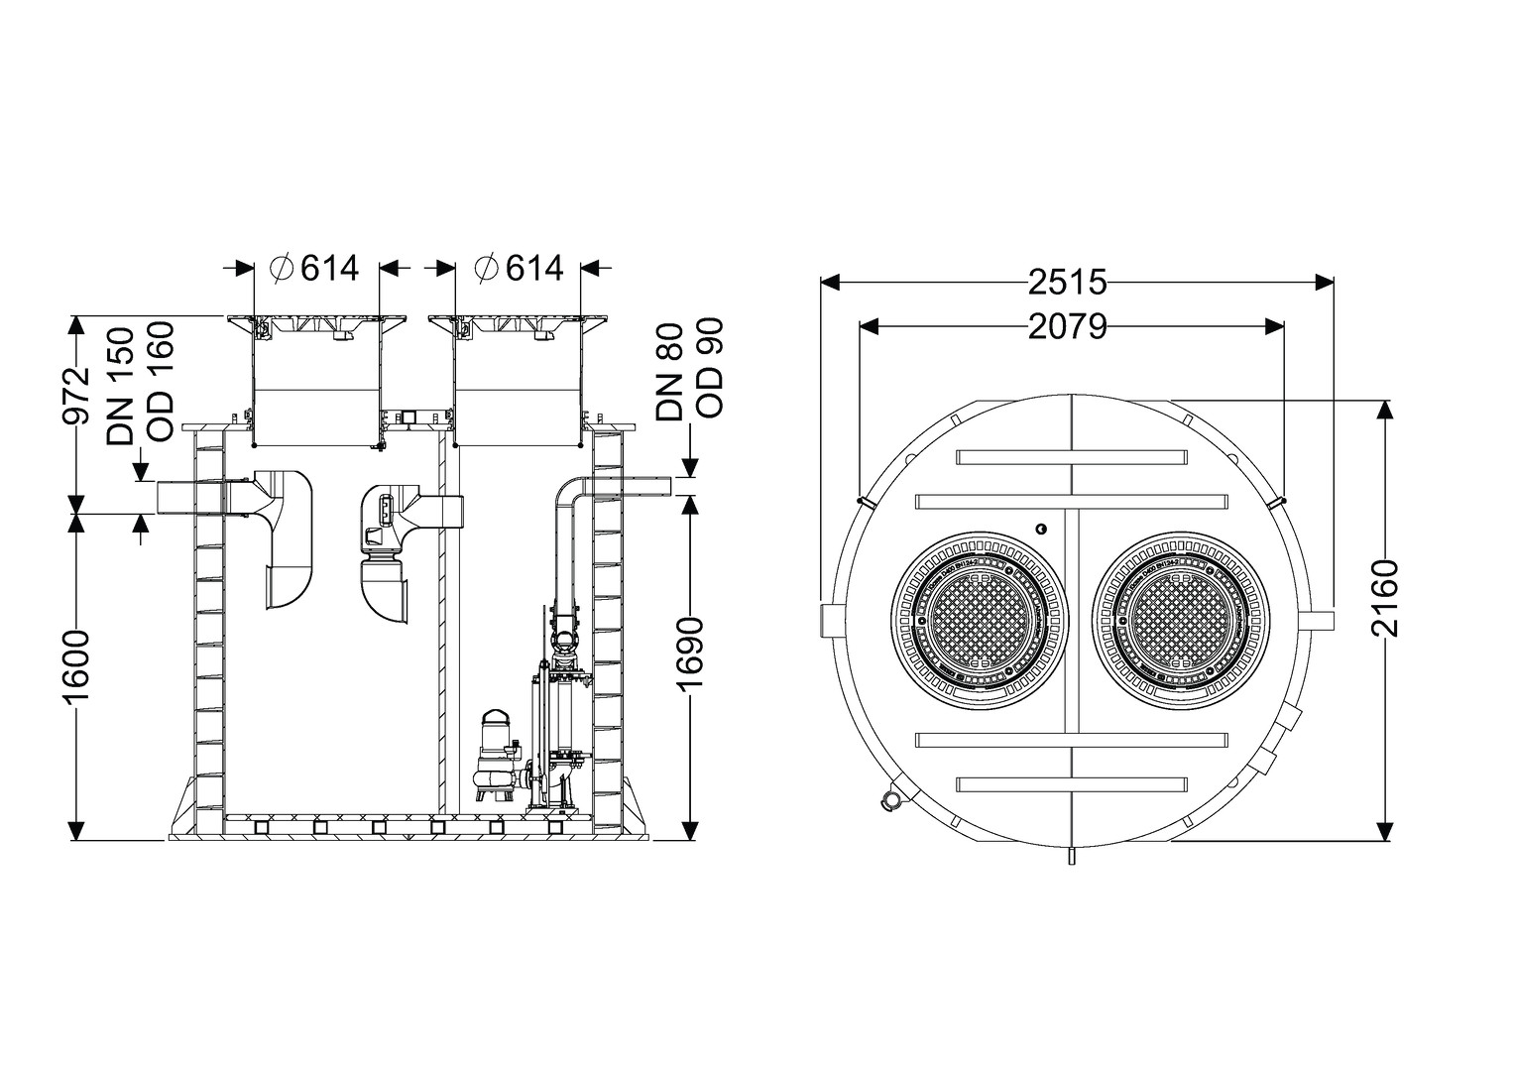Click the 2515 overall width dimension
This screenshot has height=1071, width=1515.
(1066, 283)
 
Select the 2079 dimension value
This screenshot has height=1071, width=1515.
(1066, 325)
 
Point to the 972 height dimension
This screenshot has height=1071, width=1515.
(76, 396)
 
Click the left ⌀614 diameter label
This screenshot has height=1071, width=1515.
(314, 268)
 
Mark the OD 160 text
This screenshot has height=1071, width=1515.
(159, 381)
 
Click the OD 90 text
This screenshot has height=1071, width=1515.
(710, 368)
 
